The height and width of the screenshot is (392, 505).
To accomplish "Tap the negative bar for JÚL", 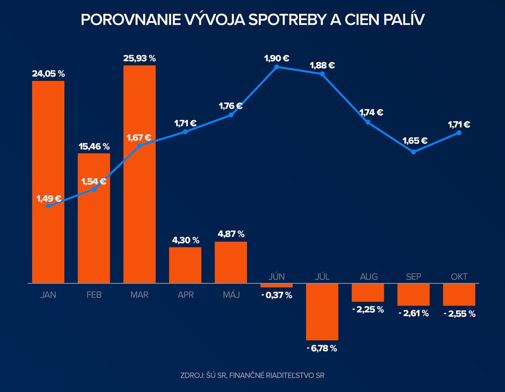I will [322, 312].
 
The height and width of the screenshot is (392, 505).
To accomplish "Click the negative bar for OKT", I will [459, 294].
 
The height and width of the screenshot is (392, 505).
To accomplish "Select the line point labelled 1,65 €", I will [413, 151].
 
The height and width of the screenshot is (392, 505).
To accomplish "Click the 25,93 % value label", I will [140, 59].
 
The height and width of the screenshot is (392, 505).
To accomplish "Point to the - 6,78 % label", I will [322, 349].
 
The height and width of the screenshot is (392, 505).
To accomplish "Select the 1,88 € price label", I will [323, 65].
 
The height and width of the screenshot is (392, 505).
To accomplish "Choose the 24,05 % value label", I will [48, 74].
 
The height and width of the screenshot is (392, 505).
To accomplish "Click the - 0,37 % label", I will [277, 295].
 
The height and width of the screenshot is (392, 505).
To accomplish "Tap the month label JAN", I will [48, 295].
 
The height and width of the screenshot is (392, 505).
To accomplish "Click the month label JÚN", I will [277, 276].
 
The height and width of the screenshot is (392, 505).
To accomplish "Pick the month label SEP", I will [413, 276].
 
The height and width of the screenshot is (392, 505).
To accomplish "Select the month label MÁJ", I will [231, 295].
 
